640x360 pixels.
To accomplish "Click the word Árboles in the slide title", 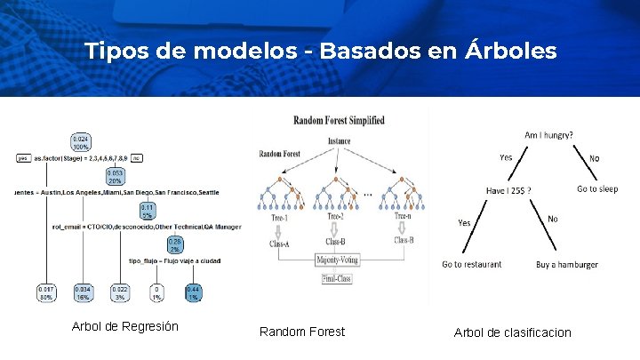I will coord(510,51).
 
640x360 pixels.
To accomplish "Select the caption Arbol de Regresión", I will coord(124,326).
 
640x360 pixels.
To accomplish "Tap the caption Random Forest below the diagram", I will coord(302,332).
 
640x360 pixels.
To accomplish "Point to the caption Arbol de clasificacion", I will coord(513,332).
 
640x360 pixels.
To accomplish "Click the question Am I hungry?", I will coord(548,134).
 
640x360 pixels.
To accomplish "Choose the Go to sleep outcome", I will coord(597,188).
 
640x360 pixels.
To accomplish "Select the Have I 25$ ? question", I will coord(509,190).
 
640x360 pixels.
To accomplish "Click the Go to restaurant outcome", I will coord(472,264).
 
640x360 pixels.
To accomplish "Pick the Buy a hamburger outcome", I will coord(567,264).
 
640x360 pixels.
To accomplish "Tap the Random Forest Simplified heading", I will coord(339,121).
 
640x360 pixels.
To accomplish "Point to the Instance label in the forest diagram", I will coord(339,141).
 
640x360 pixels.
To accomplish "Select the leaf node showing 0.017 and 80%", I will coord(45,292).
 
